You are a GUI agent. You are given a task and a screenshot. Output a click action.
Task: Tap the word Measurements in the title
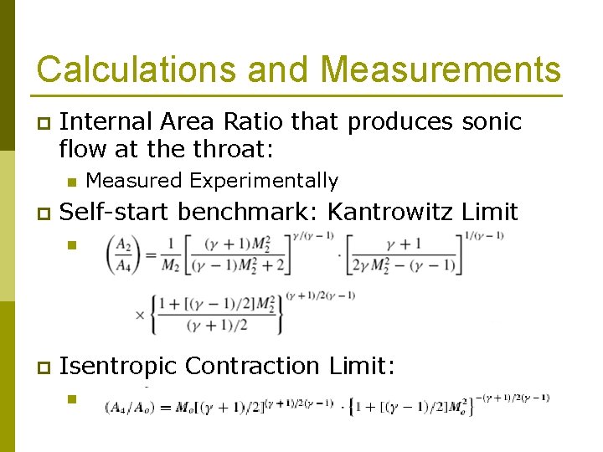tap(441, 69)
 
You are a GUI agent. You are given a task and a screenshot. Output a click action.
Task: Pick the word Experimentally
tap(265, 181)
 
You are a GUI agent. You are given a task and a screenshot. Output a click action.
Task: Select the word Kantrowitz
tap(391, 213)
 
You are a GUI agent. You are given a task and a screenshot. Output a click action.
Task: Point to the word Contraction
tap(252, 367)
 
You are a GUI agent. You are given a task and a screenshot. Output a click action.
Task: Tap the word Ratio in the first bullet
tap(256, 122)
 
